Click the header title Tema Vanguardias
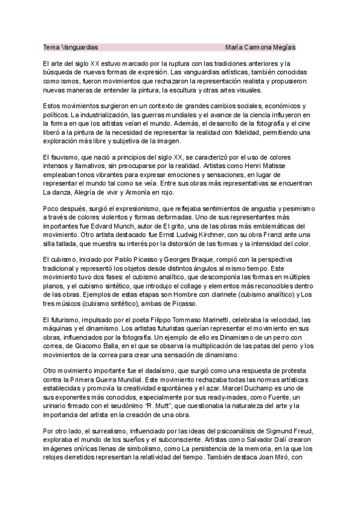pos(71,47)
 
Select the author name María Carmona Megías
pos(260,47)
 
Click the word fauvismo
pos(66,157)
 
